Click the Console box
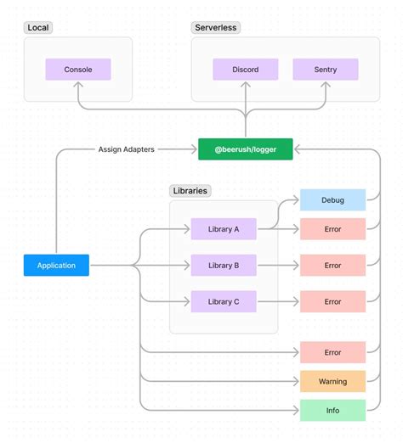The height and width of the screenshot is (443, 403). pyautogui.click(x=78, y=70)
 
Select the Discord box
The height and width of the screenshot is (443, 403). pyautogui.click(x=246, y=70)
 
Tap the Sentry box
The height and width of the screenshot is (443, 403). pyautogui.click(x=326, y=70)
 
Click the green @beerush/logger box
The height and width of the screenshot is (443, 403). pyautogui.click(x=246, y=149)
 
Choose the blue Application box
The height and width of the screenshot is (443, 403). pyautogui.click(x=56, y=266)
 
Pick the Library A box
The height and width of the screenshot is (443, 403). pyautogui.click(x=224, y=229)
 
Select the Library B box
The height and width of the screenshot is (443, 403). pyautogui.click(x=224, y=266)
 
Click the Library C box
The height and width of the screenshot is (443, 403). pyautogui.click(x=224, y=301)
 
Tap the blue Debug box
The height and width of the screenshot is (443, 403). pyautogui.click(x=332, y=200)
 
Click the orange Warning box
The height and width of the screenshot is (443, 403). pyautogui.click(x=332, y=382)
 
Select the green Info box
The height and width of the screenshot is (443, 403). pyautogui.click(x=332, y=411)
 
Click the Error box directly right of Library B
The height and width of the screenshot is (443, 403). pyautogui.click(x=332, y=266)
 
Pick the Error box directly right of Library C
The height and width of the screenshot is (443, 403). pyautogui.click(x=332, y=301)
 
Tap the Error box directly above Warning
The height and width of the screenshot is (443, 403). pyautogui.click(x=332, y=352)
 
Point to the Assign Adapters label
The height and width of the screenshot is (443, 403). pyautogui.click(x=126, y=149)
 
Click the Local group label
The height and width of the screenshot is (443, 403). pyautogui.click(x=38, y=28)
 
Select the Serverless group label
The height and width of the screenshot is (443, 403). pyautogui.click(x=216, y=28)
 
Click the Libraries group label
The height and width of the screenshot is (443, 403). pyautogui.click(x=190, y=191)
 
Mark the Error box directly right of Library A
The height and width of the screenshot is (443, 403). pyautogui.click(x=332, y=229)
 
